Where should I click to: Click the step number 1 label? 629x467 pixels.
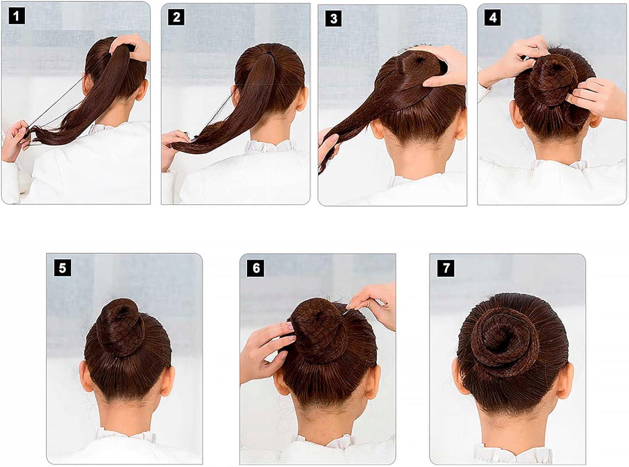click(x=16, y=17)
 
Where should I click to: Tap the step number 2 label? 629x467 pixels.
click(x=176, y=17)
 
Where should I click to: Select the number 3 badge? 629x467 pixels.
click(x=334, y=18)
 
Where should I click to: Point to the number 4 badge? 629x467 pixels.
click(x=493, y=18)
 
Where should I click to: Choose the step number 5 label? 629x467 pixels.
click(x=62, y=268)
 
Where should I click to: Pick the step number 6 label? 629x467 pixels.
click(x=256, y=268)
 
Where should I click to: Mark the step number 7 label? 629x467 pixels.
click(x=446, y=268)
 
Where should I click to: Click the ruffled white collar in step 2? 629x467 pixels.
click(x=268, y=147)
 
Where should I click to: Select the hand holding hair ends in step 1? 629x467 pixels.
click(x=15, y=139)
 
